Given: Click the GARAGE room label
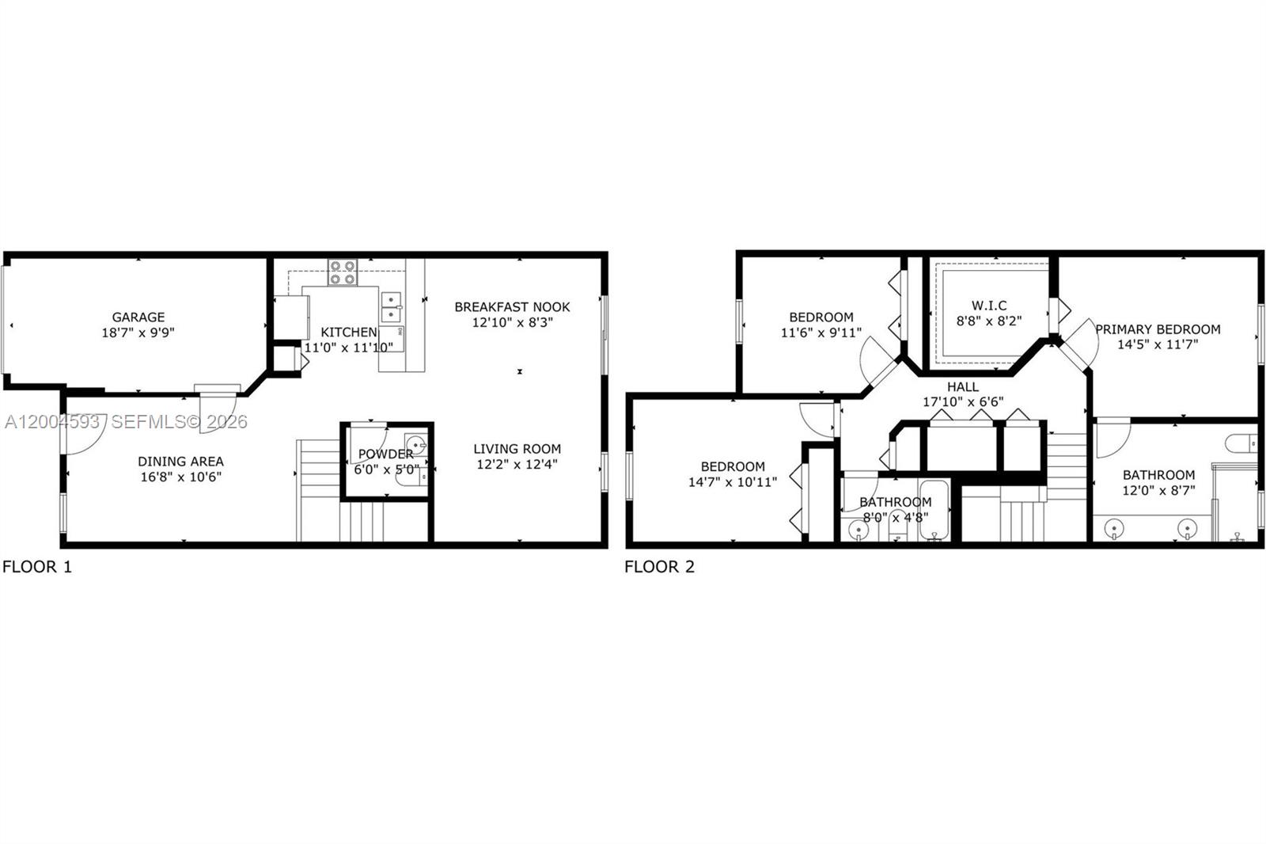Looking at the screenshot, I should click(138, 317).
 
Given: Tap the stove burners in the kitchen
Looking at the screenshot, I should click(343, 272).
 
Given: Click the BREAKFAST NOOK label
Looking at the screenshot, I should click(512, 307).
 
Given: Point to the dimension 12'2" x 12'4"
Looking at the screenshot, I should click(517, 465).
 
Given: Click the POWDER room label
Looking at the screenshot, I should click(385, 454).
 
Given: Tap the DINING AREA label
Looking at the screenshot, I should click(180, 462).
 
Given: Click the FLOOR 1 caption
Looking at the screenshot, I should click(37, 567).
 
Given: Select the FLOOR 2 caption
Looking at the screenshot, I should click(659, 567).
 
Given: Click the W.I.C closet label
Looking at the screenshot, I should click(989, 306).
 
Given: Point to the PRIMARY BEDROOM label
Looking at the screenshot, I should click(1158, 329).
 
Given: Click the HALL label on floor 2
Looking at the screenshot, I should click(963, 387).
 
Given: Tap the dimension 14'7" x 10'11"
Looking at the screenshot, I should click(733, 482).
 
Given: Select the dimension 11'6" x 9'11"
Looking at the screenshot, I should click(821, 333).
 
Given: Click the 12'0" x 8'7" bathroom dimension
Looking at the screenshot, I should click(1158, 490).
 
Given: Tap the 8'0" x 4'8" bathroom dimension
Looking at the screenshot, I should click(895, 518).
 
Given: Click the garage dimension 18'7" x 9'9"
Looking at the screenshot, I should click(138, 333).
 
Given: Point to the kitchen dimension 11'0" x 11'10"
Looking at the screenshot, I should click(348, 348).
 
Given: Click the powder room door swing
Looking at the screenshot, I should click(369, 438).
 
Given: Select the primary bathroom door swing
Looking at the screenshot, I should click(1112, 439).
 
